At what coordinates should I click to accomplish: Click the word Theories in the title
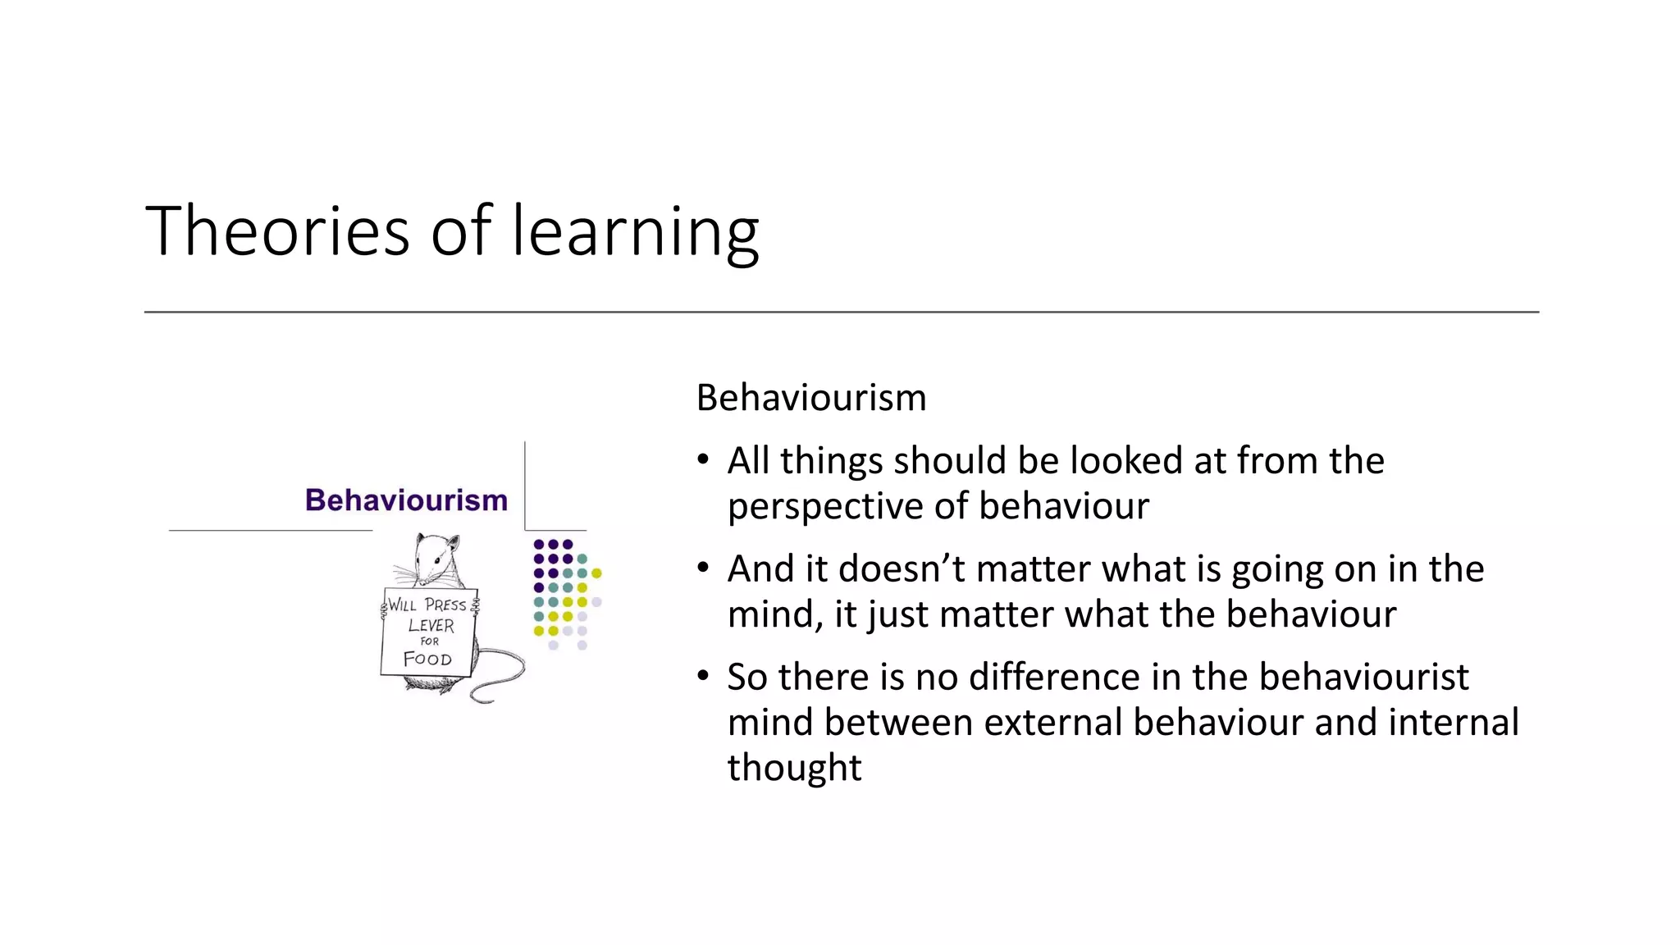click(277, 231)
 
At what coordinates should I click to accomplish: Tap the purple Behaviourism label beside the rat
click(406, 500)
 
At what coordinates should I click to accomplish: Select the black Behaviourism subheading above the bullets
click(810, 398)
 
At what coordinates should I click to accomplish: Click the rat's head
click(436, 557)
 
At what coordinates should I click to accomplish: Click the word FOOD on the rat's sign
click(427, 659)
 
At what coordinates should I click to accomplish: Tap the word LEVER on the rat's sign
click(431, 625)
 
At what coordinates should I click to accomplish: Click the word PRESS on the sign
click(445, 605)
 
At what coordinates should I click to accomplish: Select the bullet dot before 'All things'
click(703, 459)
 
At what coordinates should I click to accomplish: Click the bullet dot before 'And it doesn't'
click(703, 568)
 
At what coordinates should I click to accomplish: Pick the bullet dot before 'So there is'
click(703, 676)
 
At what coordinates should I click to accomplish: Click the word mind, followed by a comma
click(774, 614)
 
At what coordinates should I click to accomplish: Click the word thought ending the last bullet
click(794, 768)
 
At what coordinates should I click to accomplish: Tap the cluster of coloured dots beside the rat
click(566, 593)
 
